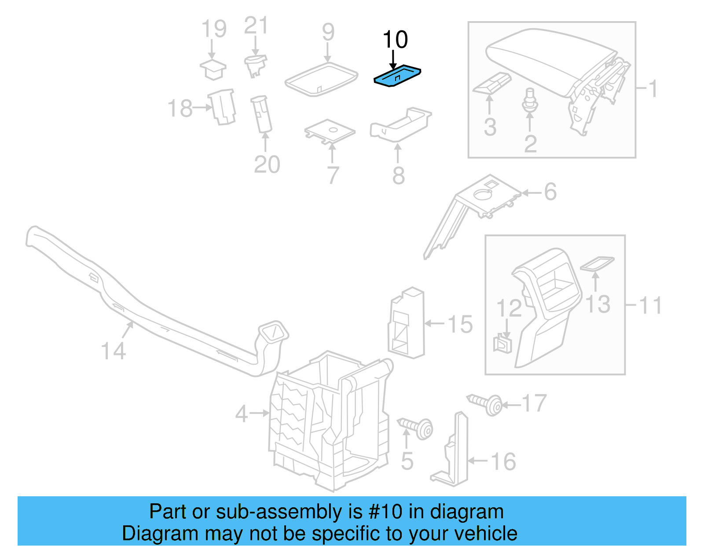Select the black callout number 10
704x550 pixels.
click(x=395, y=40)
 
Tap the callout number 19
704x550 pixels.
click(x=214, y=29)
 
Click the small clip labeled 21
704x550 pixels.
click(x=255, y=64)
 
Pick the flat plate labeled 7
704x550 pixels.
click(x=330, y=131)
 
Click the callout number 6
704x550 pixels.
click(x=550, y=192)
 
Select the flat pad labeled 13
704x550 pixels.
click(x=597, y=264)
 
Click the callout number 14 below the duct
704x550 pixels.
click(x=113, y=351)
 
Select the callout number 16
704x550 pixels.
click(x=503, y=462)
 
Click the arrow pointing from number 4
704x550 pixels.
click(x=259, y=413)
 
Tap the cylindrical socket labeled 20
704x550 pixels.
click(x=261, y=114)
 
